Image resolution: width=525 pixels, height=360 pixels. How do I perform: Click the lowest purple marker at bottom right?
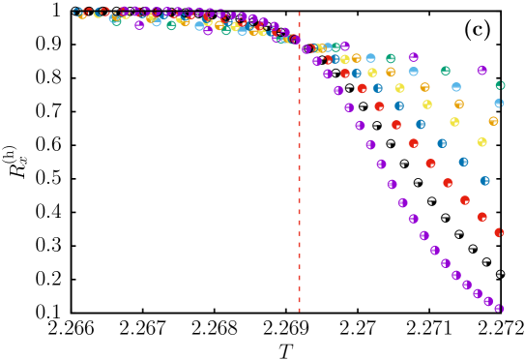[x=499, y=308]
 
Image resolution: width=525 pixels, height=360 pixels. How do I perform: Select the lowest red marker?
[x=499, y=232]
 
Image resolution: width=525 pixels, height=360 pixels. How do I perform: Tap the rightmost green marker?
[x=500, y=85]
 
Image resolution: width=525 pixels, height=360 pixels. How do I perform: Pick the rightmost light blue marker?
[x=499, y=103]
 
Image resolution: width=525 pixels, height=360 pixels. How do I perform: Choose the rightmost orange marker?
[x=493, y=121]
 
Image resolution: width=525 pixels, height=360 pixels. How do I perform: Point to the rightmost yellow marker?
[x=481, y=142]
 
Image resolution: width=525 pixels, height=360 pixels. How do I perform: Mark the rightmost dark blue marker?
[x=484, y=181]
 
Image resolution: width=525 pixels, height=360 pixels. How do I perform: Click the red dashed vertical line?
[x=299, y=194]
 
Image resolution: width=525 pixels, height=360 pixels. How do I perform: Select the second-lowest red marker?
[x=481, y=217]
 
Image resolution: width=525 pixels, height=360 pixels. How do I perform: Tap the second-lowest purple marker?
[x=488, y=301]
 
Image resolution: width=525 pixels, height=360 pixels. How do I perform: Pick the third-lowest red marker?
[x=464, y=200]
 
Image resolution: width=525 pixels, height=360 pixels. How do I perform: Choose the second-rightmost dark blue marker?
[x=463, y=163]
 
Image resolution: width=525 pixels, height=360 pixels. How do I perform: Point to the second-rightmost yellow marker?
[x=454, y=122]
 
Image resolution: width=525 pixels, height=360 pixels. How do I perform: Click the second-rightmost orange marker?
[x=458, y=104]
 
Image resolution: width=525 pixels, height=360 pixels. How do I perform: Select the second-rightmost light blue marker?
[x=455, y=87]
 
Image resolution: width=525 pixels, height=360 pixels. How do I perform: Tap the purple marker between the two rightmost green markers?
[x=481, y=71]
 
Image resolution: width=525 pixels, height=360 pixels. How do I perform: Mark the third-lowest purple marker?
[x=478, y=293]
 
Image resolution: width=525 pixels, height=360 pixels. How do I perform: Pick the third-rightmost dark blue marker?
[x=442, y=143]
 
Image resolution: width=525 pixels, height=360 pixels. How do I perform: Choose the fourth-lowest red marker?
[x=448, y=183]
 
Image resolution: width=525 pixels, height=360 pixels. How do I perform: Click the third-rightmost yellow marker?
[x=427, y=105]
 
